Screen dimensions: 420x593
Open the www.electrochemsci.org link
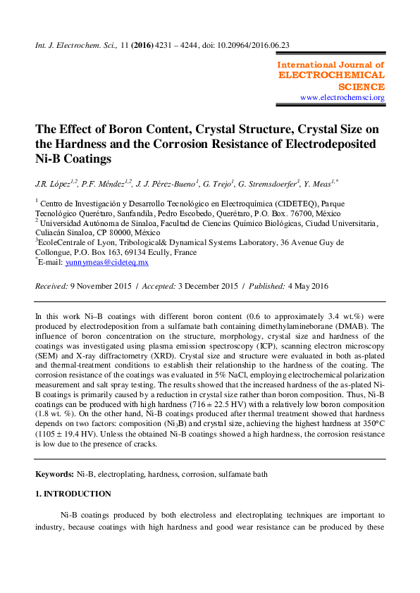(x=342, y=98)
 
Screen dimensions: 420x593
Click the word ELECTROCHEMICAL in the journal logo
(x=332, y=75)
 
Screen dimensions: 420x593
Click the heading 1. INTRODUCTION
(x=73, y=494)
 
